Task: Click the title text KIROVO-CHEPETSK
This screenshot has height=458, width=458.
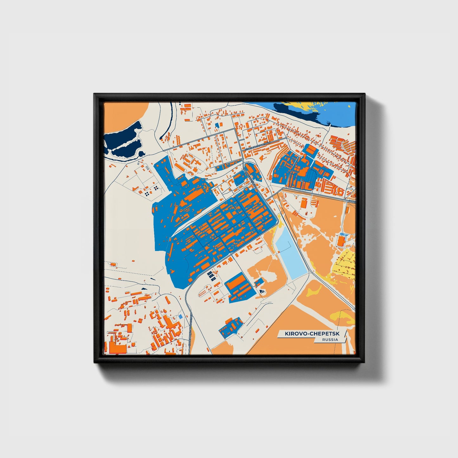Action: coord(311,334)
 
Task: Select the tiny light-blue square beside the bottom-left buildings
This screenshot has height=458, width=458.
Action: coord(180,316)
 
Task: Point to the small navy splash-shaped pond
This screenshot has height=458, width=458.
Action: coord(262,291)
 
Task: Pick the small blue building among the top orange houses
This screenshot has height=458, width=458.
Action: coord(217,125)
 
